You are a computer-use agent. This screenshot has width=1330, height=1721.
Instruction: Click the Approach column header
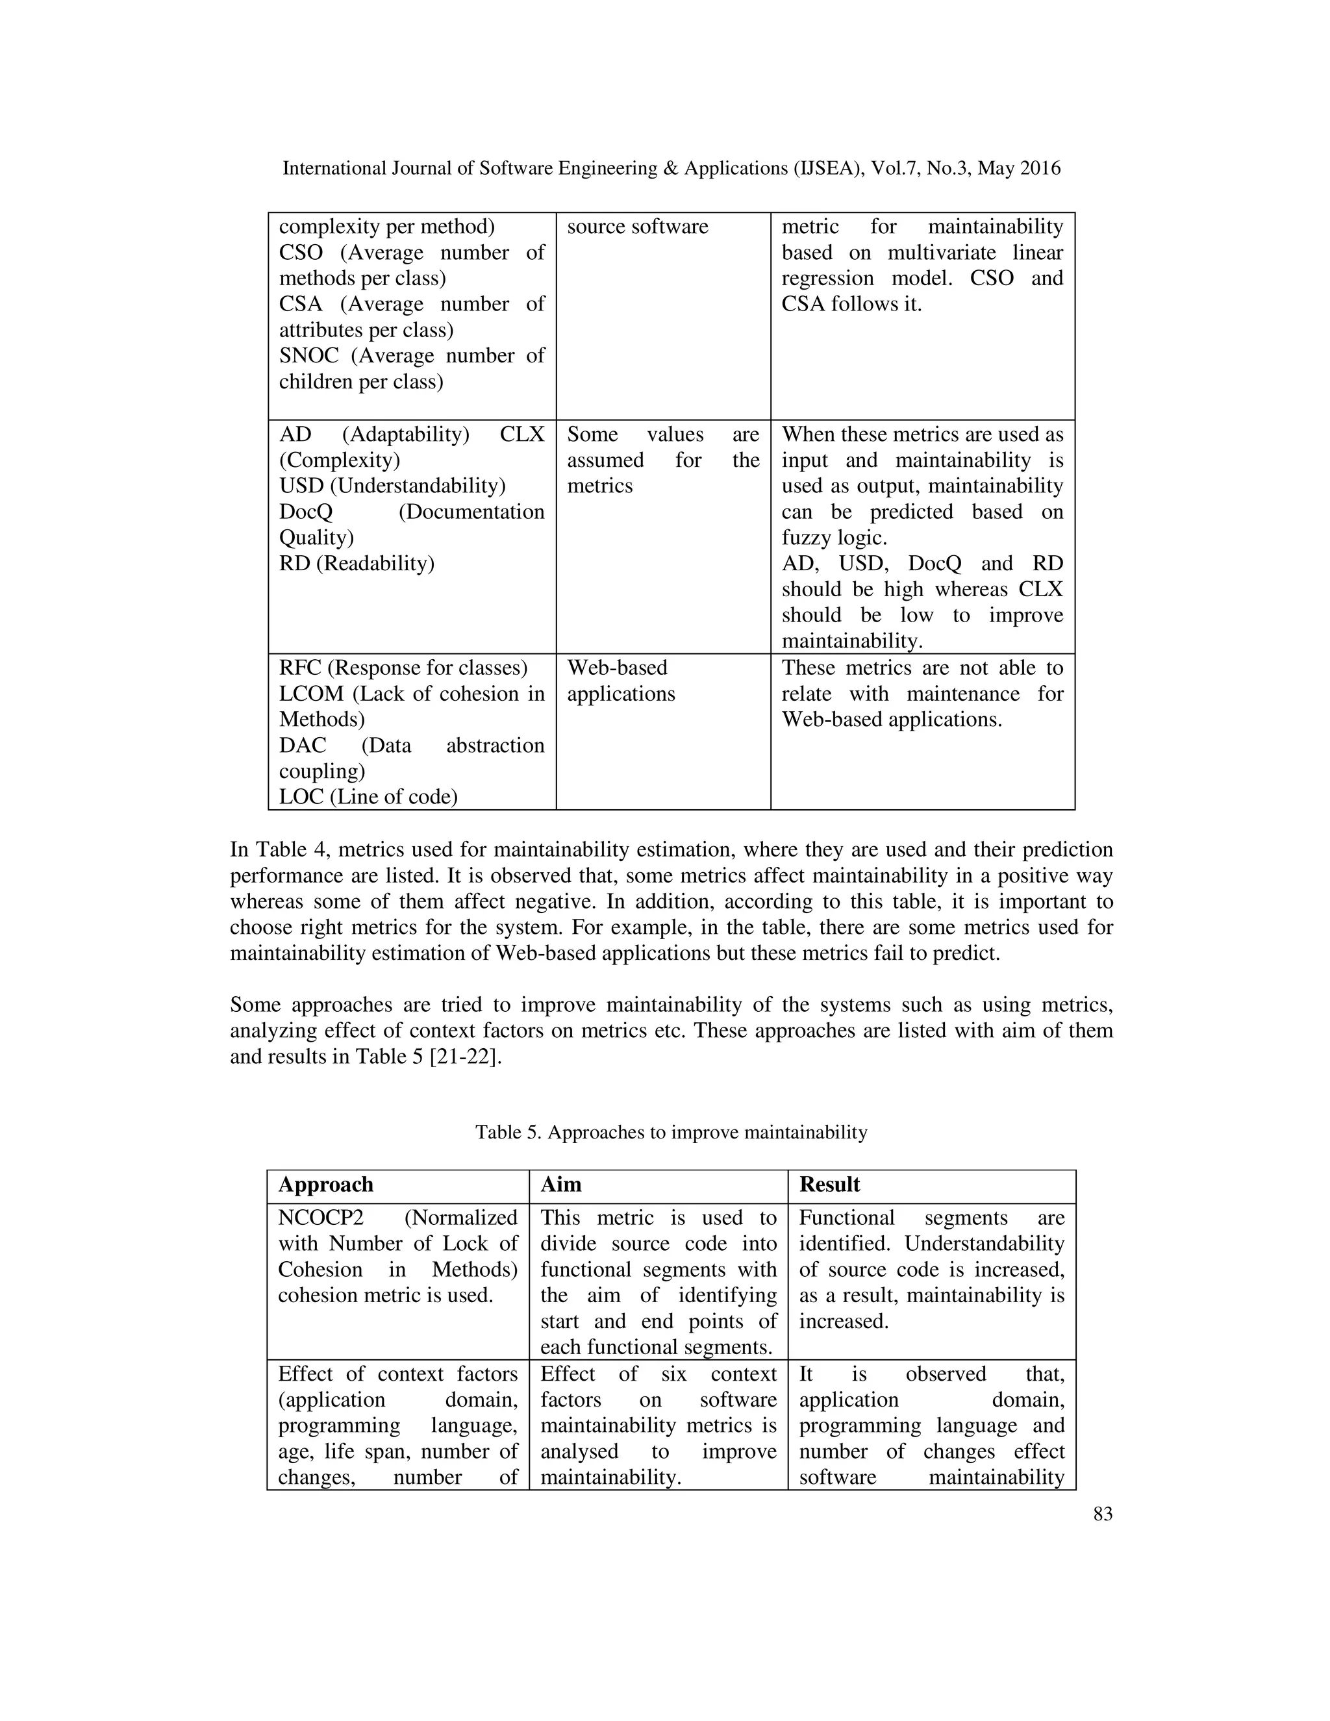325,1185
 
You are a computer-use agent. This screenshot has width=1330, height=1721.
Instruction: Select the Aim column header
561,1185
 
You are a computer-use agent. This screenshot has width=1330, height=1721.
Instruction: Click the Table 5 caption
670,1133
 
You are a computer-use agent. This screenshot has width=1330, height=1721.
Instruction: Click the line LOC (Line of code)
368,797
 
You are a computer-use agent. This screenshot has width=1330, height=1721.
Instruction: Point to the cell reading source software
638,227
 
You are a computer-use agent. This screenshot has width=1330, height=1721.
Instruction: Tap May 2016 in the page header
1019,169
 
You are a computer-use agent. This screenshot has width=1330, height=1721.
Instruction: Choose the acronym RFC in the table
299,668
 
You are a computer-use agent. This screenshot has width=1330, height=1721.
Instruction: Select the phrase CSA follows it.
851,304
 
